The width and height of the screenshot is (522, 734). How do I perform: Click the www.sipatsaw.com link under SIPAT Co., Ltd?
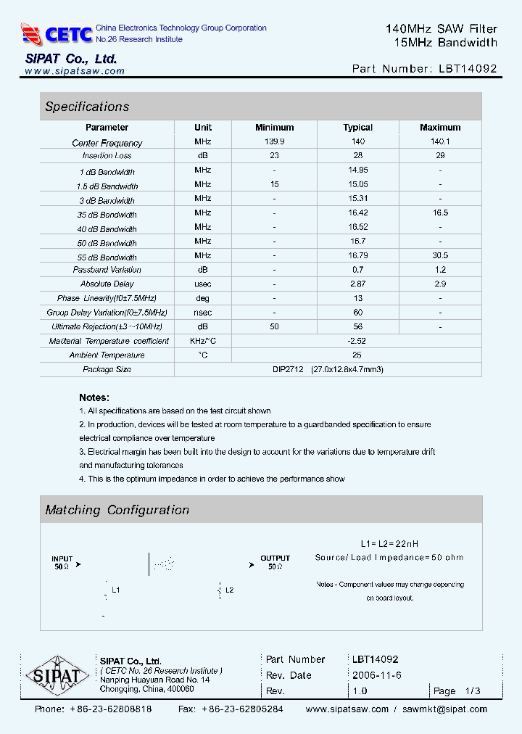click(75, 71)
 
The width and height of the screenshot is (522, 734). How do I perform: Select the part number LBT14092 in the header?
click(468, 69)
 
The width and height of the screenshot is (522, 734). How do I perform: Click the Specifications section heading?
click(87, 107)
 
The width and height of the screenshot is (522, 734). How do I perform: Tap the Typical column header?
click(357, 128)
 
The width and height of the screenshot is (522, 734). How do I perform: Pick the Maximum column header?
click(440, 128)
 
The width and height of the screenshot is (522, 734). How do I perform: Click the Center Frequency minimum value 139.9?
click(275, 142)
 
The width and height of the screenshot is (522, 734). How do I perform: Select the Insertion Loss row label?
click(107, 156)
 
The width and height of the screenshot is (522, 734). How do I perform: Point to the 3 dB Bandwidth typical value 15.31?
click(357, 199)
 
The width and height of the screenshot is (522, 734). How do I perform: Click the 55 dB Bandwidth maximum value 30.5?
click(440, 255)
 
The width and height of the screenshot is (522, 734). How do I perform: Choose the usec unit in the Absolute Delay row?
click(203, 284)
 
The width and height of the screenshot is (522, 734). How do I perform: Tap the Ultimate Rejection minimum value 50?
click(275, 326)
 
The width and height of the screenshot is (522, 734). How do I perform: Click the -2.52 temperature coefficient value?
click(357, 341)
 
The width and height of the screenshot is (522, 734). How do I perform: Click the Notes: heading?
click(94, 397)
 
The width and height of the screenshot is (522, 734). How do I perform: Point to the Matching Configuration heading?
click(117, 510)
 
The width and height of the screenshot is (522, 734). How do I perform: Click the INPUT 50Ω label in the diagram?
click(62, 562)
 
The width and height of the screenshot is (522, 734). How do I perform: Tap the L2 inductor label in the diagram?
click(229, 590)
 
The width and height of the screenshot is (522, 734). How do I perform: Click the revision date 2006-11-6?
click(376, 675)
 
